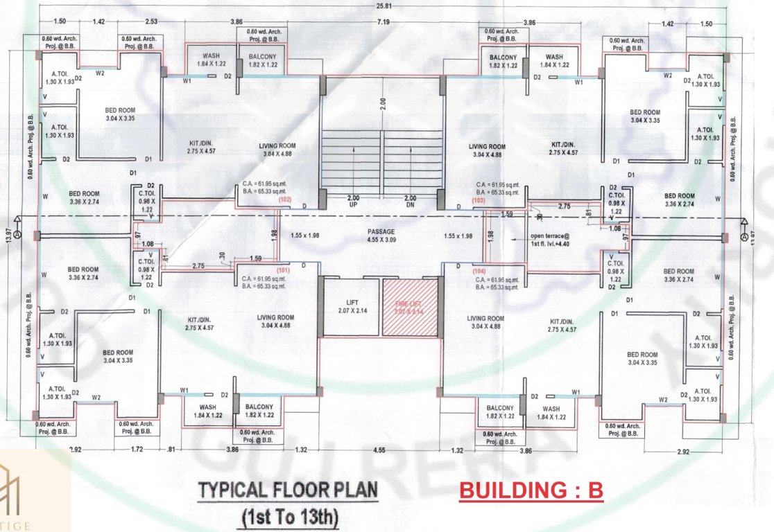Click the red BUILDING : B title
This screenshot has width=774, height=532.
(531, 490)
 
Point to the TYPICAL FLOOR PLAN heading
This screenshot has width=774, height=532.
(289, 490)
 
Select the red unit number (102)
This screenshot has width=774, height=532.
(284, 199)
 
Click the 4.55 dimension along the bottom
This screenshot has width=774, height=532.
(379, 450)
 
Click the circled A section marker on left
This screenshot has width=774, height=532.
(17, 236)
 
